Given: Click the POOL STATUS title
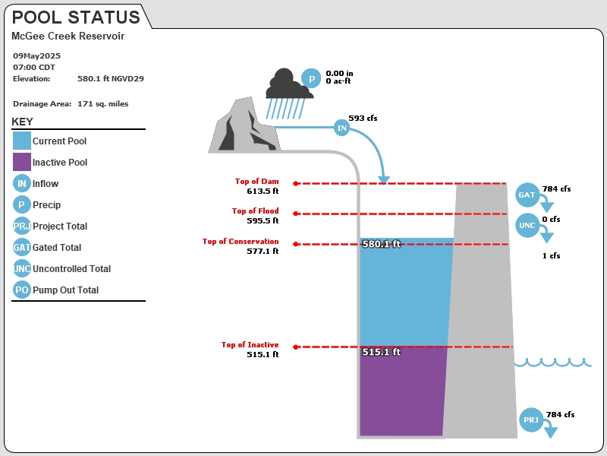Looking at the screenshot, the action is pos(76,17).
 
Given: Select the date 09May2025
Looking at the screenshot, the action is pos(36,55).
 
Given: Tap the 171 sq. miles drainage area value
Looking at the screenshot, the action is pos(103,104).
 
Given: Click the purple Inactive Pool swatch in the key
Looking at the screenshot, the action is pos(22,162).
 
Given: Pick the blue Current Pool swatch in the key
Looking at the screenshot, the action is pos(22,141).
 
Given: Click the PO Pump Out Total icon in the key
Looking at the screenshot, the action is pos(22,290).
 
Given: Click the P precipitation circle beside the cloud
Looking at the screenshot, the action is pos(311,78).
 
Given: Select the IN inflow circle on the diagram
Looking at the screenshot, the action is pos(342,128).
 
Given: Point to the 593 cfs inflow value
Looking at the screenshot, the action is pos(363,118).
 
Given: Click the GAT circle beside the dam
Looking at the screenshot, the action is pos(527,195).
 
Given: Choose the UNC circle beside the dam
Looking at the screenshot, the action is pos(527,225).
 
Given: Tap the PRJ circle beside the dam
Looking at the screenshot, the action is pos(530,420).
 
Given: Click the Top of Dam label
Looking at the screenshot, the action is pos(256,181).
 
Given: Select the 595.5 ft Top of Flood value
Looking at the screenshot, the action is pos(263,220).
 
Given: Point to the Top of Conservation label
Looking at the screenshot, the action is pos(241,241).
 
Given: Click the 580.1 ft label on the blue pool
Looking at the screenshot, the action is pos(382,244).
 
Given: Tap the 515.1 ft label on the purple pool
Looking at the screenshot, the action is pos(382,352).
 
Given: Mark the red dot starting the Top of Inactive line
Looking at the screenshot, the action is pos(296,347).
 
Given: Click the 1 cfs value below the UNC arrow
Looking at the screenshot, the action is pos(552,255).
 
